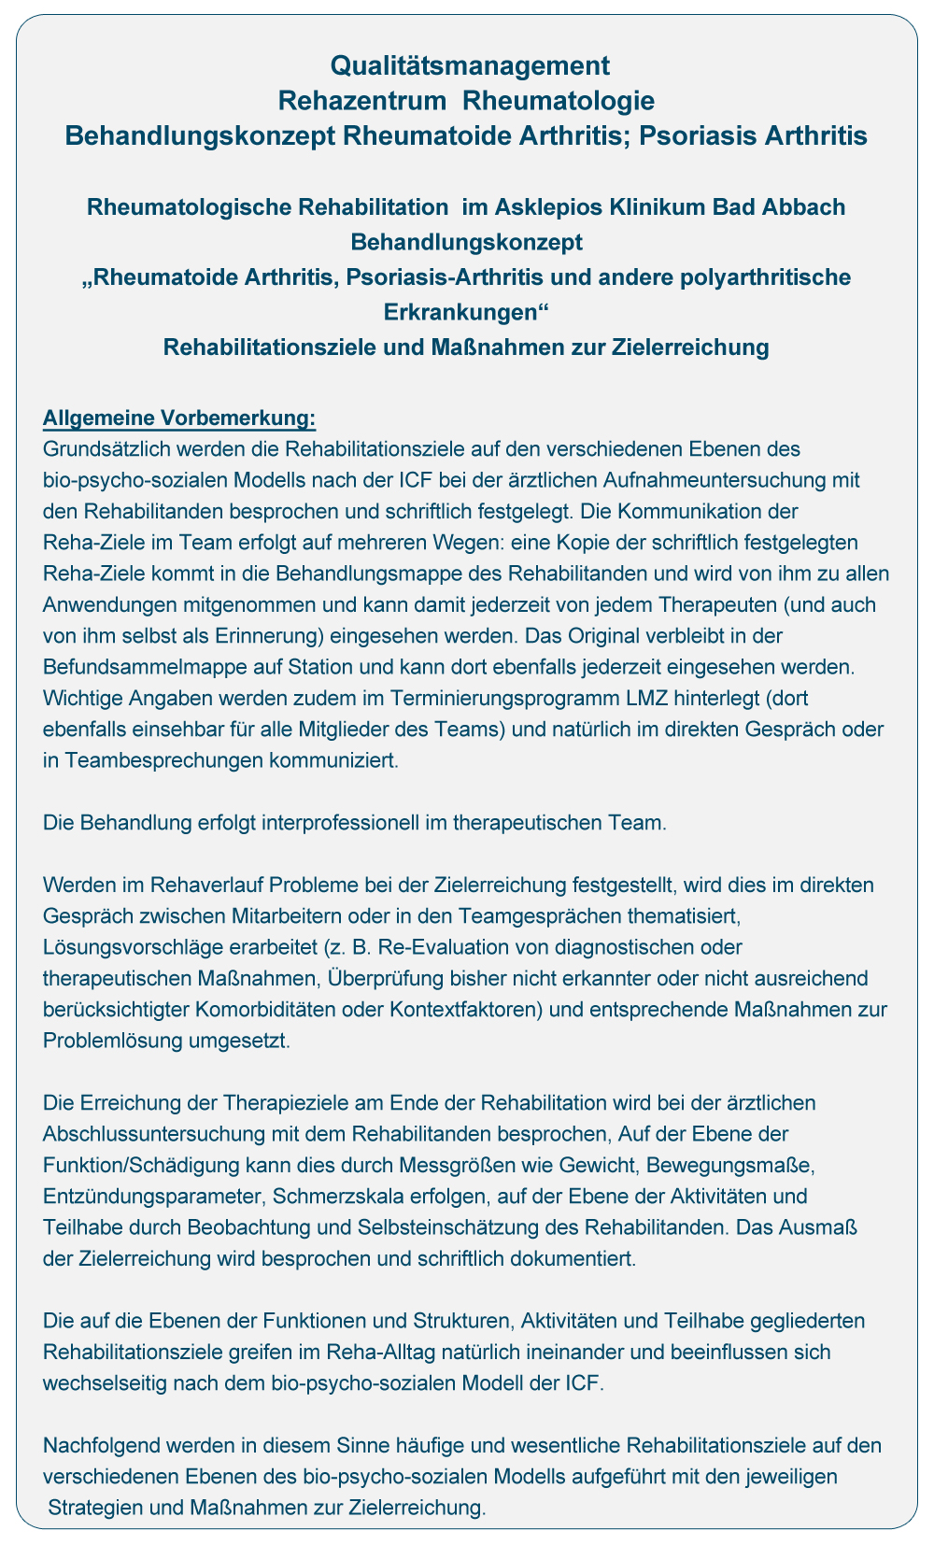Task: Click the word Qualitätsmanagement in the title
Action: coord(470,65)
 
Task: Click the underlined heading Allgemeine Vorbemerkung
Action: coord(180,417)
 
